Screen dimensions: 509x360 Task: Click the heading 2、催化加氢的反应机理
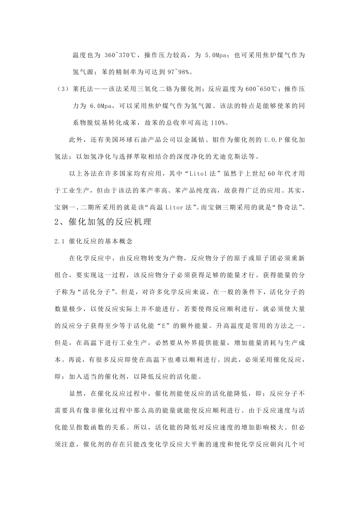[x=103, y=222]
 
